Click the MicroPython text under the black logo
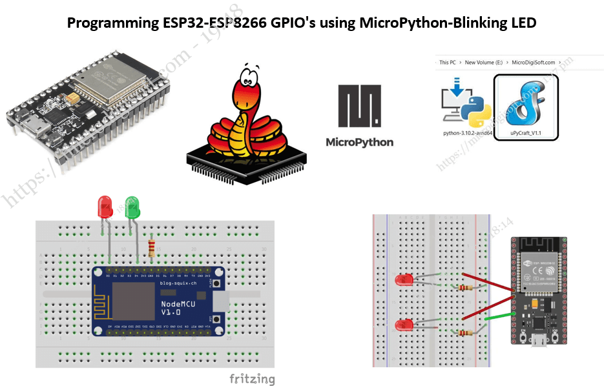tap(359, 142)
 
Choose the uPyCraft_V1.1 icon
tap(526, 107)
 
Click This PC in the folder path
tap(448, 63)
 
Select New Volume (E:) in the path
tap(483, 63)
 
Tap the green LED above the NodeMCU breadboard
tap(132, 207)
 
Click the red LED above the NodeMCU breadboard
tap(104, 207)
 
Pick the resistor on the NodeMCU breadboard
tap(152, 248)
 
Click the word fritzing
tap(252, 379)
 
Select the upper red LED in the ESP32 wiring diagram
tap(403, 280)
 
